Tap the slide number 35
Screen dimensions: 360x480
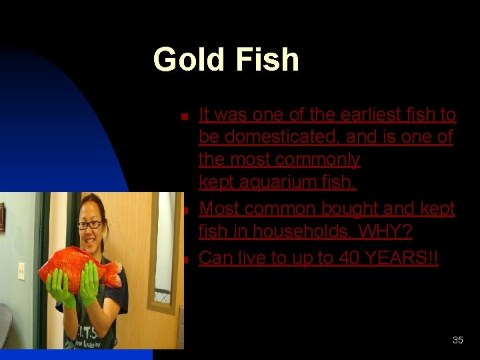point(457,340)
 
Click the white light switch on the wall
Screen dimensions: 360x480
point(21,271)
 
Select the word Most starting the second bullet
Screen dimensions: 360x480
point(219,209)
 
